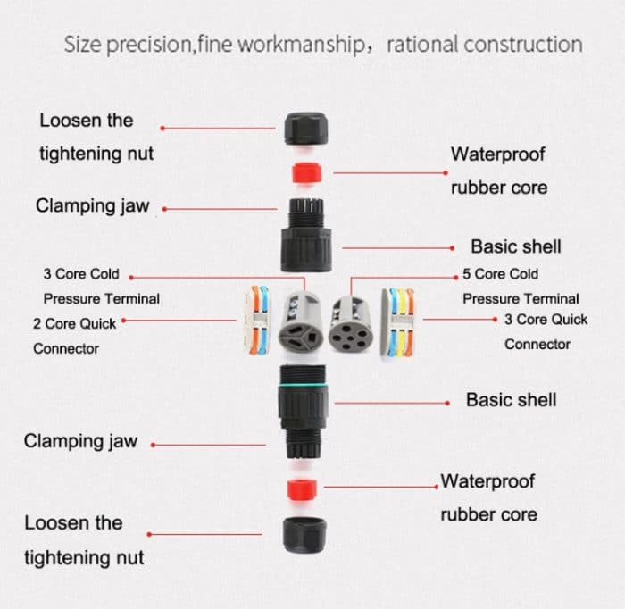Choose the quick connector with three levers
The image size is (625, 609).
pos(399,322)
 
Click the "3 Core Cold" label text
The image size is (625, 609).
pos(81,274)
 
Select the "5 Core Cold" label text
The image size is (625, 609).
pos(501,274)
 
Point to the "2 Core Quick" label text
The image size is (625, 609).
pos(75,322)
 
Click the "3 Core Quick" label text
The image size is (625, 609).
pos(546,319)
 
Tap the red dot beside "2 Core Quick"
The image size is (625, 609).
pos(124,319)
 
